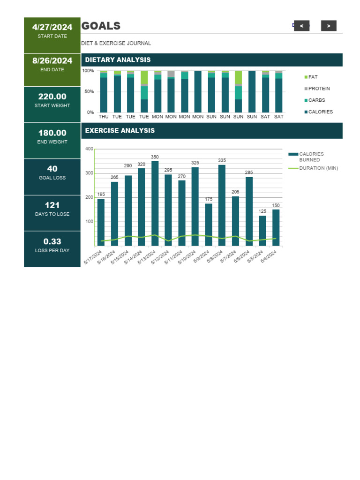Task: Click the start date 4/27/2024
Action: point(52,27)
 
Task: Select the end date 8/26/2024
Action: point(52,61)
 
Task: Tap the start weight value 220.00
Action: point(52,97)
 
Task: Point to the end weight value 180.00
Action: point(52,133)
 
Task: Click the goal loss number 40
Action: point(52,169)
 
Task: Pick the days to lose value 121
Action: point(52,205)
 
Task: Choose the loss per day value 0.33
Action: point(52,241)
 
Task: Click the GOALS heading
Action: point(101,26)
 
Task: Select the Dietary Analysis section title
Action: point(118,60)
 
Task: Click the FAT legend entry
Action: point(313,77)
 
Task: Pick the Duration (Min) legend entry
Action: point(318,168)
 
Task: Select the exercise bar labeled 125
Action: point(262,231)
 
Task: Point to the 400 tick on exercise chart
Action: point(89,149)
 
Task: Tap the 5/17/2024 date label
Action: point(93,258)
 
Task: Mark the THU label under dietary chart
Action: point(104,117)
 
